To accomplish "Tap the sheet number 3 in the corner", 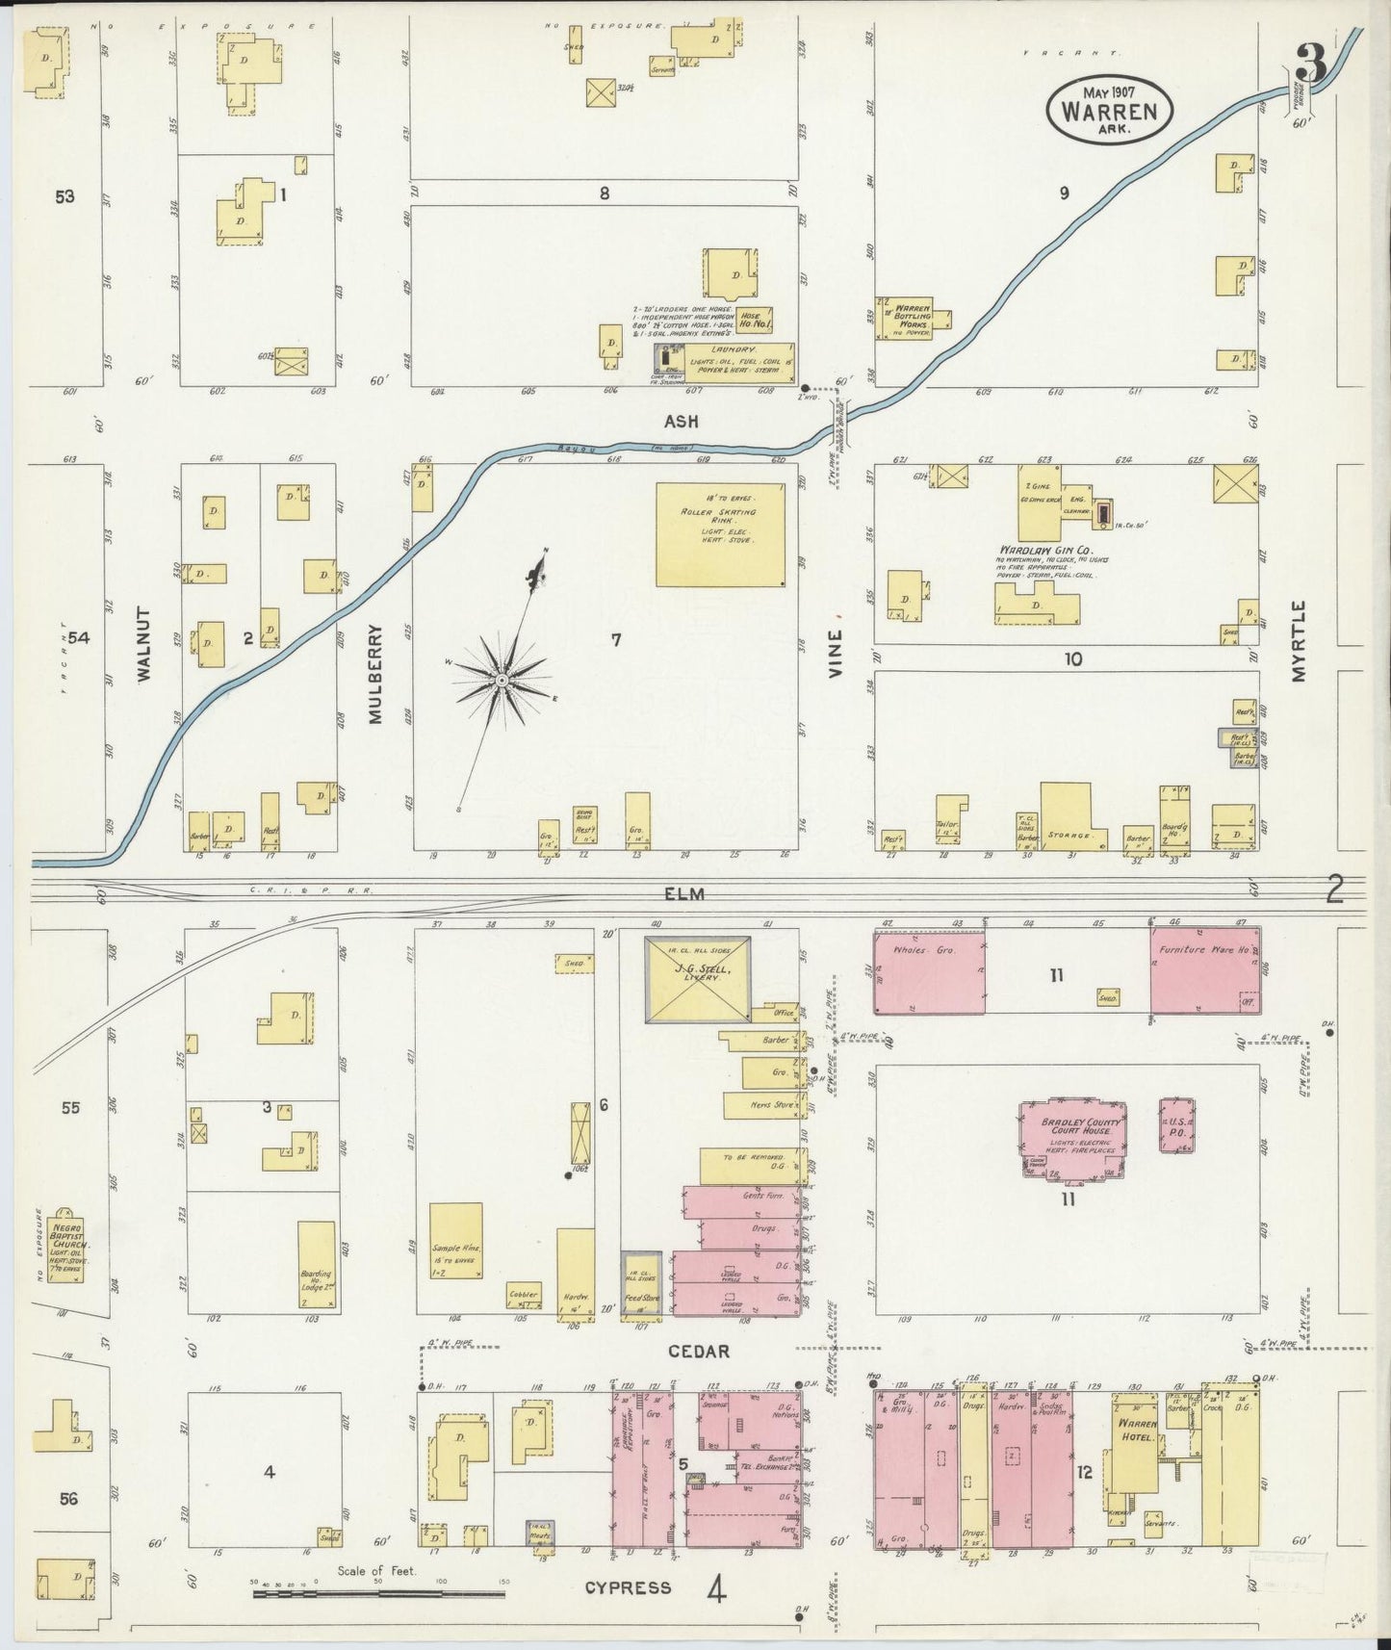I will [1313, 64].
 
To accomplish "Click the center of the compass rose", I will [502, 681].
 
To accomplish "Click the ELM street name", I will [683, 894].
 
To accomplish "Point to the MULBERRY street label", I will [375, 674].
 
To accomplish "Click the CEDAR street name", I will [699, 1352].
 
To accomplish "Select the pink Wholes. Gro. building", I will [929, 972].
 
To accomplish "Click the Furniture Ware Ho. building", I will [1204, 972].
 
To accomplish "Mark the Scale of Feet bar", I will [378, 1594].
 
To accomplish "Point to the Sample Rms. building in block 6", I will [456, 1240].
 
